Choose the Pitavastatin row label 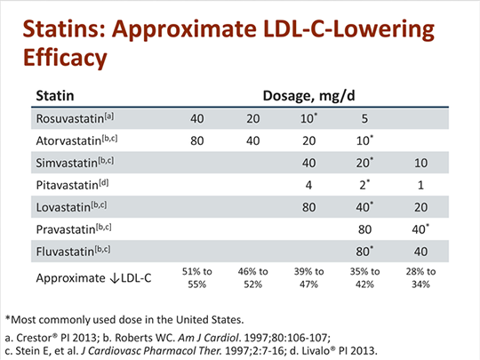[70, 186]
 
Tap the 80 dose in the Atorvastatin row [200, 140]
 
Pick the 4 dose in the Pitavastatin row [307, 187]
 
